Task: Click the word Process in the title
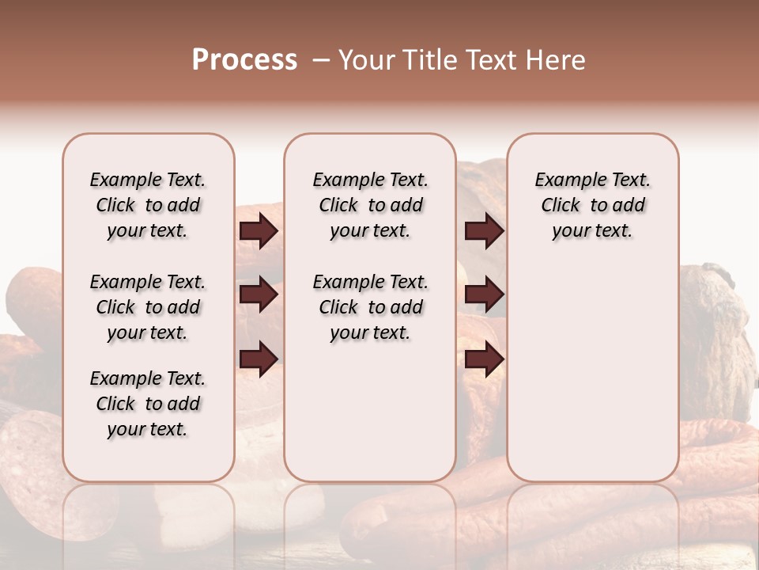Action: pyautogui.click(x=244, y=59)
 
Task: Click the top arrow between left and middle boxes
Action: pyautogui.click(x=259, y=231)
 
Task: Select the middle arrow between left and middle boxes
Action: pyautogui.click(x=259, y=294)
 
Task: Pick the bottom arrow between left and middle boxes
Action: pyautogui.click(x=259, y=359)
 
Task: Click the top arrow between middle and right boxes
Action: pyautogui.click(x=484, y=231)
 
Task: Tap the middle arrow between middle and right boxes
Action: pyautogui.click(x=484, y=294)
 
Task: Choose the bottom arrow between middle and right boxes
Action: pyautogui.click(x=484, y=359)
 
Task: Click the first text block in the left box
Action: pyautogui.click(x=148, y=205)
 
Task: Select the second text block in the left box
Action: pyautogui.click(x=148, y=307)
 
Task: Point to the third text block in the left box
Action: pyautogui.click(x=148, y=404)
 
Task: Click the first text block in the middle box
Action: pyautogui.click(x=370, y=205)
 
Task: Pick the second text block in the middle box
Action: pyautogui.click(x=370, y=307)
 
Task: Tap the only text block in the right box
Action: pyautogui.click(x=592, y=205)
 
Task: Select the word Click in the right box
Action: pyautogui.click(x=561, y=206)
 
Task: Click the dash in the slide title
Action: pyautogui.click(x=320, y=59)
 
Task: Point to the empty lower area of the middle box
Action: pyautogui.click(x=370, y=412)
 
